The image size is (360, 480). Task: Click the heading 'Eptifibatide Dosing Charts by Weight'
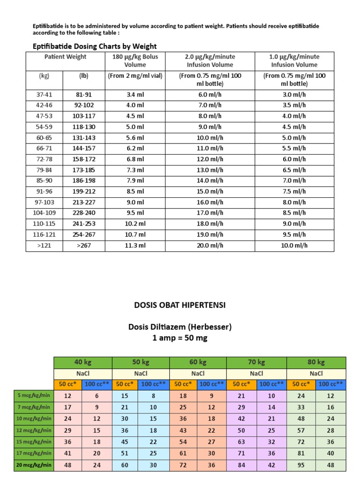pyautogui.click(x=94, y=46)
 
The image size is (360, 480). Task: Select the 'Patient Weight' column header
pyautogui.click(x=65, y=57)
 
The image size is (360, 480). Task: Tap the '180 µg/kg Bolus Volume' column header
pyautogui.click(x=135, y=60)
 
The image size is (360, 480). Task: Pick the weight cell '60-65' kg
pyautogui.click(x=44, y=138)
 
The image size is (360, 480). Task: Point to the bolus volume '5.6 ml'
pyautogui.click(x=135, y=138)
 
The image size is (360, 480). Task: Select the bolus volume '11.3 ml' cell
pyautogui.click(x=135, y=245)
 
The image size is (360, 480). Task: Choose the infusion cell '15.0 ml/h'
pyautogui.click(x=210, y=191)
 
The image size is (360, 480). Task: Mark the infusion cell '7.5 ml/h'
pyautogui.click(x=295, y=191)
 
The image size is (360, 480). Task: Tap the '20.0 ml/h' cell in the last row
pyautogui.click(x=210, y=245)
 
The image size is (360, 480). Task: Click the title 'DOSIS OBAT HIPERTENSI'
pyautogui.click(x=180, y=305)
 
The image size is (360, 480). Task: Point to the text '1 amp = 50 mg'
pyautogui.click(x=180, y=338)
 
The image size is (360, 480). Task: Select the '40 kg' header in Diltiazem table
pyautogui.click(x=82, y=362)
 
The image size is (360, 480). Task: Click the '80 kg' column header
pyautogui.click(x=316, y=362)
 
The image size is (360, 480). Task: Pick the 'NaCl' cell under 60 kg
pyautogui.click(x=197, y=374)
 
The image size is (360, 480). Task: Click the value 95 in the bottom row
pyautogui.click(x=301, y=465)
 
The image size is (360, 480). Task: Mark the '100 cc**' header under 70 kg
pyautogui.click(x=272, y=384)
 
